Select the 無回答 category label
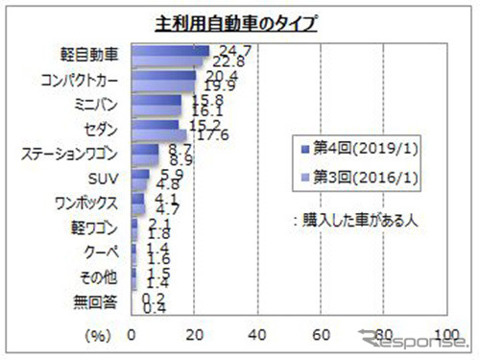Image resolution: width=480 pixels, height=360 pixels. click(x=99, y=302)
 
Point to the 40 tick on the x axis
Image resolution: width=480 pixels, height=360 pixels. click(x=257, y=335)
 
